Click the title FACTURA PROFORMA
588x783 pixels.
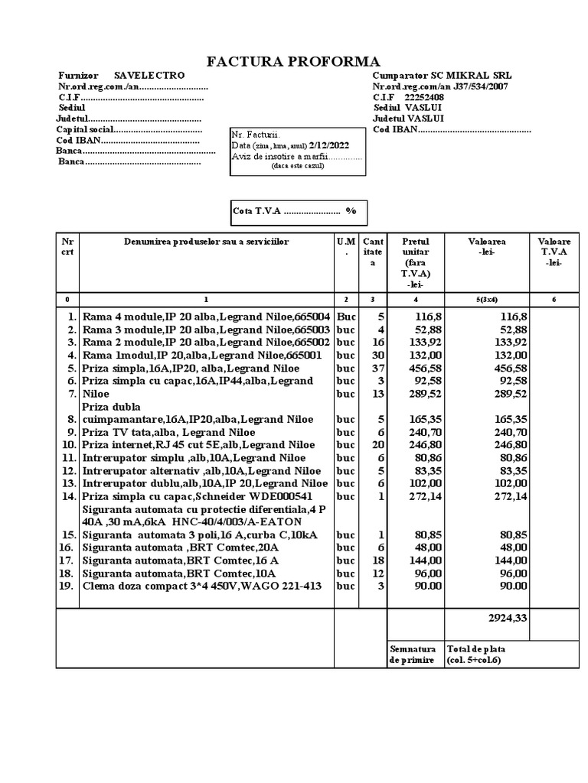[x=294, y=62]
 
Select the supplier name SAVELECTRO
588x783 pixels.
[x=149, y=76]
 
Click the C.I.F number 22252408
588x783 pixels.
[x=423, y=97]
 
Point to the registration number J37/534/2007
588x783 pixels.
[x=469, y=86]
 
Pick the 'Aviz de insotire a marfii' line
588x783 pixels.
[x=296, y=156]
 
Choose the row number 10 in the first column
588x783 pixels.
[x=68, y=444]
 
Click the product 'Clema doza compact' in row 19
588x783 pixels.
[x=203, y=586]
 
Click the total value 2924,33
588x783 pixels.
[x=508, y=617]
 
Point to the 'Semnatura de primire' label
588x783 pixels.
[x=413, y=654]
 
